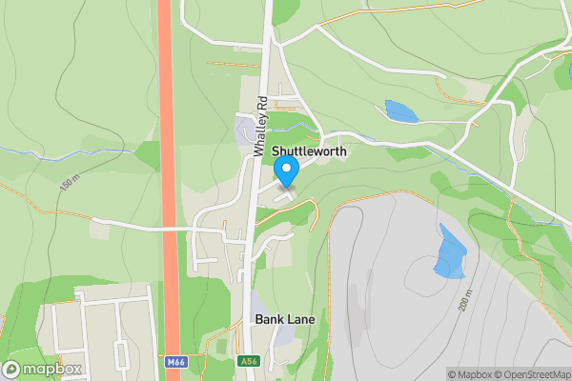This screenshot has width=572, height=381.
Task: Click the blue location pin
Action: click(287, 170)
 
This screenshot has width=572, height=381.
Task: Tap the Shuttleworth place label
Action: click(308, 151)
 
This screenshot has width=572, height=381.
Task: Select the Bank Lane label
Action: click(284, 319)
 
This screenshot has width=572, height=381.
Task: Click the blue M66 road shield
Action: click(174, 362)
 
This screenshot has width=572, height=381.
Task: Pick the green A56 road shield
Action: click(247, 362)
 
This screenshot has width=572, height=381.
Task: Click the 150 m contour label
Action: click(70, 183)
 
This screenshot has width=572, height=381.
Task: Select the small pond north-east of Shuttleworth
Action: click(400, 110)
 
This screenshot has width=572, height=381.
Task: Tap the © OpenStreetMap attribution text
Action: click(527, 373)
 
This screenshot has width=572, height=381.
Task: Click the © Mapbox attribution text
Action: click(468, 373)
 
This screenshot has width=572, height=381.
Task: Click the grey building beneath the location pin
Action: click(285, 193)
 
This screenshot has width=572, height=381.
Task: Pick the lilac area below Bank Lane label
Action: click(283, 336)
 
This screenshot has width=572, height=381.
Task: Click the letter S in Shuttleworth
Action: click(276, 151)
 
